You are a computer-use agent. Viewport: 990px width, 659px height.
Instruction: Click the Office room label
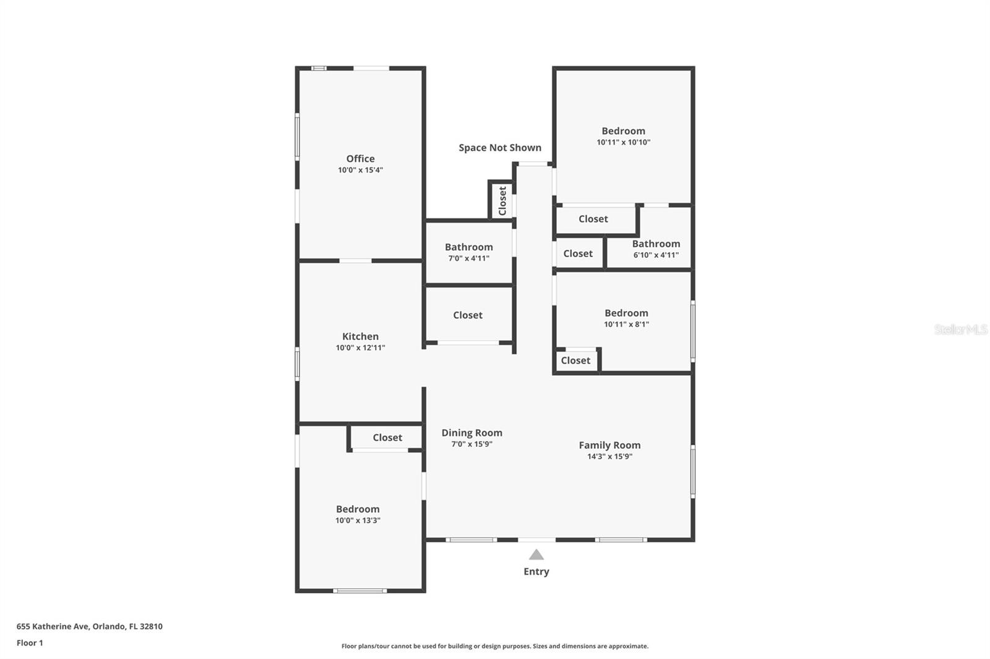360,159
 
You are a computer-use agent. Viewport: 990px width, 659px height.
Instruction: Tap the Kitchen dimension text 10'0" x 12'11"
360,348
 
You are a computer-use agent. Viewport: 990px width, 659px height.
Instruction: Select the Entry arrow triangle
536,555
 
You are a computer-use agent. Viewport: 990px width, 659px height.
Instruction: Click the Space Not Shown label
499,148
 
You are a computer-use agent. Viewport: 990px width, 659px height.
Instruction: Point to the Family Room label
609,445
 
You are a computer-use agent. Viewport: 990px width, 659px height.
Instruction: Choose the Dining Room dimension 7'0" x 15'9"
471,444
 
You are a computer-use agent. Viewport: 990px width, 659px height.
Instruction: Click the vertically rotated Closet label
502,200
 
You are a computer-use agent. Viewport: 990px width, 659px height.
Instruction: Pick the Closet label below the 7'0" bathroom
467,315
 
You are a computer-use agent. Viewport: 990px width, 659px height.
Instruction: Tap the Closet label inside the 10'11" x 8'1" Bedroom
575,360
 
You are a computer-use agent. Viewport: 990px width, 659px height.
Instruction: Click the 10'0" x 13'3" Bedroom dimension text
358,521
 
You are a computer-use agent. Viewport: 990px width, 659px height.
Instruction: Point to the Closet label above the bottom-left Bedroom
387,438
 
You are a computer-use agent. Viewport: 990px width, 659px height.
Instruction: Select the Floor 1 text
30,643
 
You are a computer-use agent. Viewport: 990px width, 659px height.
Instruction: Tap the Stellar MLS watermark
960,329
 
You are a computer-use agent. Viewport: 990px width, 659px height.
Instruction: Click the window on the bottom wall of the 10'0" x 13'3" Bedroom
359,591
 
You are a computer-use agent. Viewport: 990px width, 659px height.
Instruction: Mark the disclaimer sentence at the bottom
495,646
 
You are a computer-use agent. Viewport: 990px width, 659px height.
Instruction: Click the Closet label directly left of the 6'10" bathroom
578,253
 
